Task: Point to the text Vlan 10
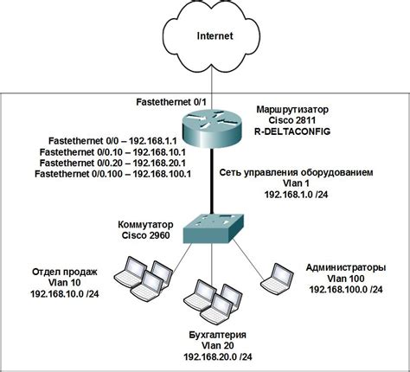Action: [65, 284]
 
